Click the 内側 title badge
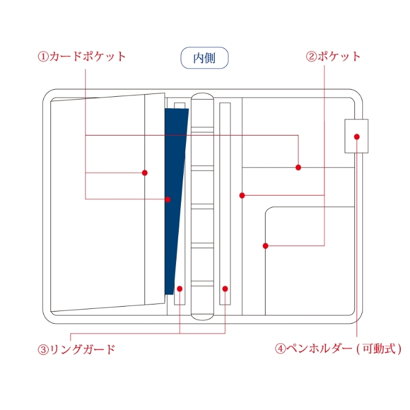click(x=204, y=58)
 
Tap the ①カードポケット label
click(x=82, y=56)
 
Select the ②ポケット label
click(x=333, y=56)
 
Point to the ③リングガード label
click(x=77, y=349)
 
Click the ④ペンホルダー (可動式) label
click(x=338, y=348)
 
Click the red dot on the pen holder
click(x=357, y=137)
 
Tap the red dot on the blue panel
click(x=168, y=200)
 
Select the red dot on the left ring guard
click(x=179, y=288)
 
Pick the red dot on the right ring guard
click(x=225, y=288)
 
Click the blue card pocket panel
click(x=175, y=164)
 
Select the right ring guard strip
click(x=225, y=202)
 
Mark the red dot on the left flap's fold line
click(x=145, y=173)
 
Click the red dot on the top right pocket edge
click(x=298, y=167)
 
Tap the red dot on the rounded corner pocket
click(x=266, y=246)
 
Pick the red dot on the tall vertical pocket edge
click(x=242, y=195)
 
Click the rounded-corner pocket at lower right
click(x=309, y=262)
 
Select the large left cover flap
click(x=98, y=202)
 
